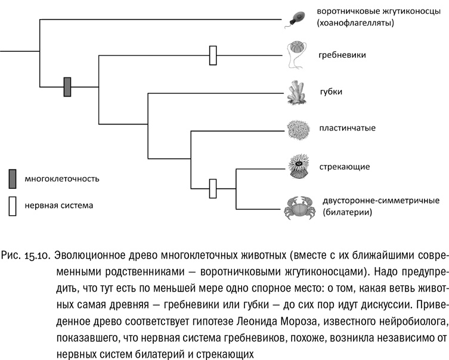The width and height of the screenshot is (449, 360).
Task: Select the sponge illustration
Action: click(x=296, y=92)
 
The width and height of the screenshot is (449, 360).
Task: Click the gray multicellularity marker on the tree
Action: click(x=67, y=87)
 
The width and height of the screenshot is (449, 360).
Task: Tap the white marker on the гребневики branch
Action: click(x=212, y=55)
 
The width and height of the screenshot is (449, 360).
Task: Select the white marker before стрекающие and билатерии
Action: click(x=212, y=188)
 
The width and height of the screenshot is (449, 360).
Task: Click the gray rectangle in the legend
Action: click(x=12, y=178)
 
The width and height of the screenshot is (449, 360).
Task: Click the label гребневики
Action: click(x=342, y=55)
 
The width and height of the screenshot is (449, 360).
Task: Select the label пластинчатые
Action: click(x=347, y=128)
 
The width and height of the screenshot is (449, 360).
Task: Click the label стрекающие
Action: click(x=345, y=166)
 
